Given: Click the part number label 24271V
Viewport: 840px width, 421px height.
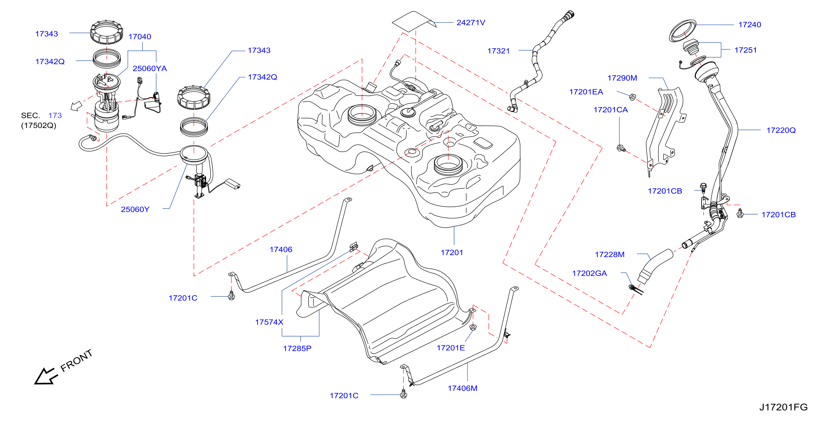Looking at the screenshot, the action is [x=471, y=22].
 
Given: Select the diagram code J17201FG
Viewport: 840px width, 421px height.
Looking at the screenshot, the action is [x=783, y=407].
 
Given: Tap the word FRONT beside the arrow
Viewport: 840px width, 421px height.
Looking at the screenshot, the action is [x=77, y=361].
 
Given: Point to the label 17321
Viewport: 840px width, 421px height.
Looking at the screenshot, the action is [x=498, y=51].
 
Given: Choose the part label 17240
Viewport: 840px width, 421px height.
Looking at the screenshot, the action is [x=750, y=24].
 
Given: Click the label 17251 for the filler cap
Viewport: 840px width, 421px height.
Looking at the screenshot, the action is [x=745, y=50].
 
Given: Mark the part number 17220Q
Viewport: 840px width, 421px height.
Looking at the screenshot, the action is [x=781, y=130].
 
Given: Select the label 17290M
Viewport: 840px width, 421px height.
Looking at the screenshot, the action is [x=622, y=78].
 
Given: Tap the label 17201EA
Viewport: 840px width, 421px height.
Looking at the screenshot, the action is [x=586, y=92].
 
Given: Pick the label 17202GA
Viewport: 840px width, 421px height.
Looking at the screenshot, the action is [x=590, y=273].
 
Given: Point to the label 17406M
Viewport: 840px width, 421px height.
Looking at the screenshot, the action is [x=462, y=388].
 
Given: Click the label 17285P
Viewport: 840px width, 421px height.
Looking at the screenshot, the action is [x=297, y=348].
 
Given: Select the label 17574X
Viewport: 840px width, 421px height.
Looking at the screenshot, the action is [x=269, y=322].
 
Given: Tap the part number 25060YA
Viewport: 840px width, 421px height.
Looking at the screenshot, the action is [x=150, y=68].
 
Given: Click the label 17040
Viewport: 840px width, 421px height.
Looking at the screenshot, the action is [x=140, y=37].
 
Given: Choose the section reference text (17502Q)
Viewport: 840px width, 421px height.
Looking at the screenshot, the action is [x=38, y=125].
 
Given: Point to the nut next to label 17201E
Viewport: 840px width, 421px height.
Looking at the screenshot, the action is [x=473, y=327].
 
